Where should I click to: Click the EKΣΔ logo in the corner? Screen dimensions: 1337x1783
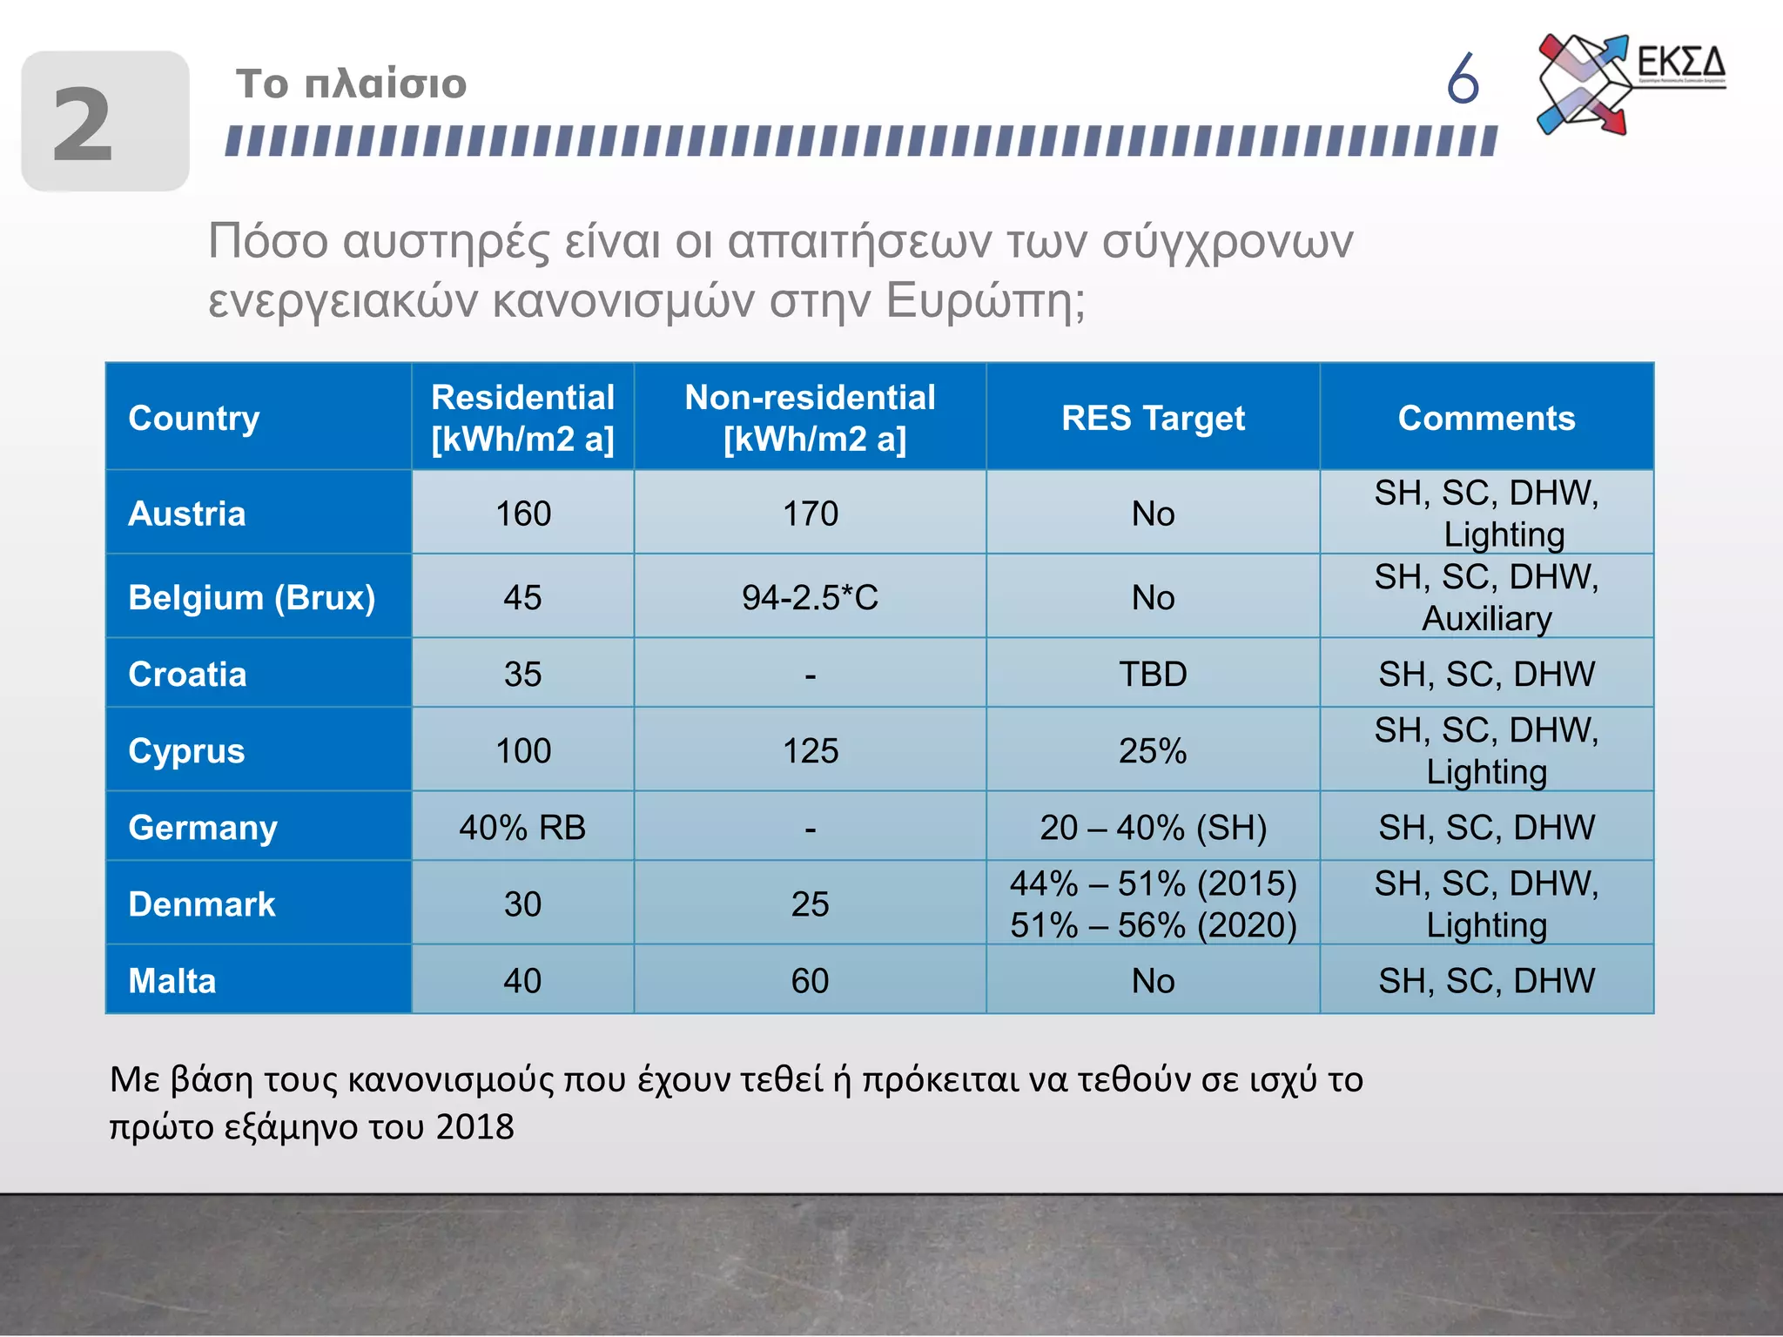pyautogui.click(x=1628, y=84)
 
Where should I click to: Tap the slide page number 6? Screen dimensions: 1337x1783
pyautogui.click(x=1463, y=78)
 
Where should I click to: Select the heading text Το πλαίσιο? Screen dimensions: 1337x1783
pyautogui.click(x=351, y=84)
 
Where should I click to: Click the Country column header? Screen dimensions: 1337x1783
pyautogui.click(x=194, y=419)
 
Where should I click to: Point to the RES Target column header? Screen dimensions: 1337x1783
pyautogui.click(x=1153, y=419)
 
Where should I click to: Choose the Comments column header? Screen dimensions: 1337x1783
pyautogui.click(x=1486, y=419)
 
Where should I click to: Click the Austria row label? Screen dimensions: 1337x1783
pyautogui.click(x=187, y=514)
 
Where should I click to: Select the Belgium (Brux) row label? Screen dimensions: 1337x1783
pyautogui.click(x=252, y=598)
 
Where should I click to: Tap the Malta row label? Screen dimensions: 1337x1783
pyautogui.click(x=172, y=981)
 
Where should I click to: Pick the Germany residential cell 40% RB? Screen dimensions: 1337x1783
pyautogui.click(x=522, y=828)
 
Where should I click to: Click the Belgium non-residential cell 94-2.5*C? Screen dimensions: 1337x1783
pyautogui.click(x=810, y=598)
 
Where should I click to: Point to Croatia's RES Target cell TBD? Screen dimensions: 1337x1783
pyautogui.click(x=1153, y=675)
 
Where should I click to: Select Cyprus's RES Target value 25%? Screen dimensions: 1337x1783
pyautogui.click(x=1153, y=751)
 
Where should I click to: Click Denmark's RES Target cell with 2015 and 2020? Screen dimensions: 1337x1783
pyautogui.click(x=1153, y=904)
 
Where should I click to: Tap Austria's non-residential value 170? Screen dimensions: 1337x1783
pyautogui.click(x=810, y=514)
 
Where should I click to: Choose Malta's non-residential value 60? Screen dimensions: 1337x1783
pyautogui.click(x=810, y=981)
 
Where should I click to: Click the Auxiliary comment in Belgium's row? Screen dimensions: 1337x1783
pyautogui.click(x=1486, y=619)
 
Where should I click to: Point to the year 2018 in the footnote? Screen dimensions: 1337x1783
pyautogui.click(x=475, y=1127)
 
